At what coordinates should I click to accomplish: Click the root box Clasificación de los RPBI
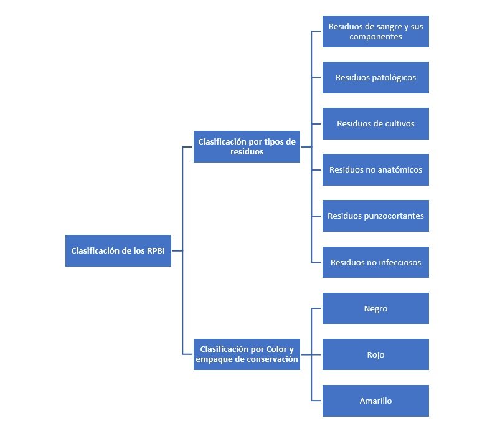click(118, 251)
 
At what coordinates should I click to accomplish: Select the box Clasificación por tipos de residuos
click(247, 147)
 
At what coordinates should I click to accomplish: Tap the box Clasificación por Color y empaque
click(247, 354)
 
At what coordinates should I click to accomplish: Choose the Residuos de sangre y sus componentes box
click(375, 32)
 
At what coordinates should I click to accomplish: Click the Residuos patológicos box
click(375, 77)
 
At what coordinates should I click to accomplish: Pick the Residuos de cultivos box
click(375, 124)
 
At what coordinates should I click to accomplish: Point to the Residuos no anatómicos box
click(375, 170)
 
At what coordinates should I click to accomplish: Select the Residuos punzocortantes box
click(375, 216)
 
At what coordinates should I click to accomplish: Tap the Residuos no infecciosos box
click(375, 262)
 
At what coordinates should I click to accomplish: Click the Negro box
click(375, 308)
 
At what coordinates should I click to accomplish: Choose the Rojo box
click(375, 354)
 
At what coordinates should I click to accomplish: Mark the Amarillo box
click(375, 401)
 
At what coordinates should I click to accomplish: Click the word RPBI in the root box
click(156, 251)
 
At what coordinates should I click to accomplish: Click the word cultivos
click(400, 124)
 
